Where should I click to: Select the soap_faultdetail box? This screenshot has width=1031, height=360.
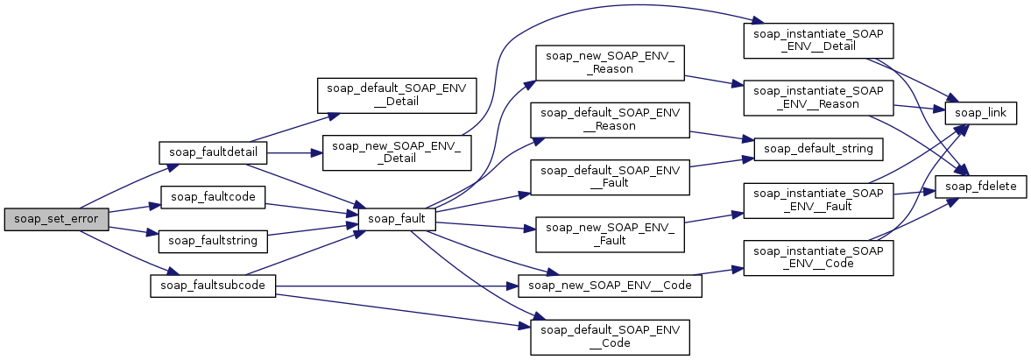pos(211,152)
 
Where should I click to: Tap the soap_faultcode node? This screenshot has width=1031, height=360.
pos(211,197)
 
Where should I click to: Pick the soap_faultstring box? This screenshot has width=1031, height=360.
pos(211,238)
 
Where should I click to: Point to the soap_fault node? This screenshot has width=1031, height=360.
pos(397,219)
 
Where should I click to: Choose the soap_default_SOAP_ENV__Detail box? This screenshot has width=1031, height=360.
pos(396,95)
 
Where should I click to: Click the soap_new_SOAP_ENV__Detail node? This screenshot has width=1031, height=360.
pos(398,152)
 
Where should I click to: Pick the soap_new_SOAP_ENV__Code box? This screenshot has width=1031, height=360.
pos(611,285)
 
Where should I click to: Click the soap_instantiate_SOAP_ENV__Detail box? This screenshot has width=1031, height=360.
pos(817,38)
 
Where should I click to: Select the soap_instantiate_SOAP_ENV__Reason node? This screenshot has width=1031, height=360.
pos(817,95)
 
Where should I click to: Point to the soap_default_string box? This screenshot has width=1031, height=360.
pos(817,148)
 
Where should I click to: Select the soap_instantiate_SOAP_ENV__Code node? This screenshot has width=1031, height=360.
pos(817,258)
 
